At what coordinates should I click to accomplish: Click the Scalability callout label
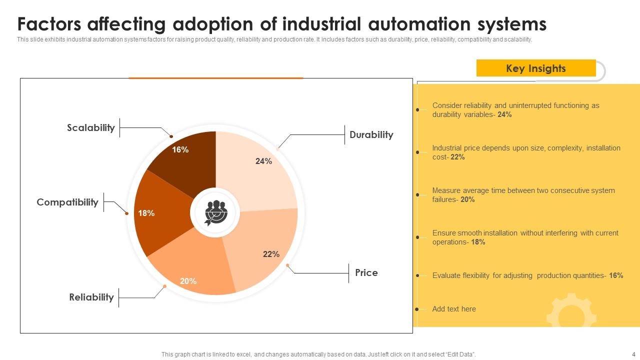point(91,128)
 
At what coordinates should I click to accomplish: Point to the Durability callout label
point(371,135)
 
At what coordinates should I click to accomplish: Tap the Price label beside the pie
point(366,273)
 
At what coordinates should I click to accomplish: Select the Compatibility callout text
point(67,202)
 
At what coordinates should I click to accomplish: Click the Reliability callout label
point(91,297)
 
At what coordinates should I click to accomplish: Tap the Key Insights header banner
point(535,68)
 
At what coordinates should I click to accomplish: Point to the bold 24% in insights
point(504,114)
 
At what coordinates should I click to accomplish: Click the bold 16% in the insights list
point(616,275)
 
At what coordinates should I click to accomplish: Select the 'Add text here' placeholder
point(454,309)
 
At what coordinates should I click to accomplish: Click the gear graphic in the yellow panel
point(571,313)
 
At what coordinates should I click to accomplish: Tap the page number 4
point(633,354)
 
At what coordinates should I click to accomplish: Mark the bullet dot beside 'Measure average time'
point(417,195)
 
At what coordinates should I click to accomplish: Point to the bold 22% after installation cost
point(457,157)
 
